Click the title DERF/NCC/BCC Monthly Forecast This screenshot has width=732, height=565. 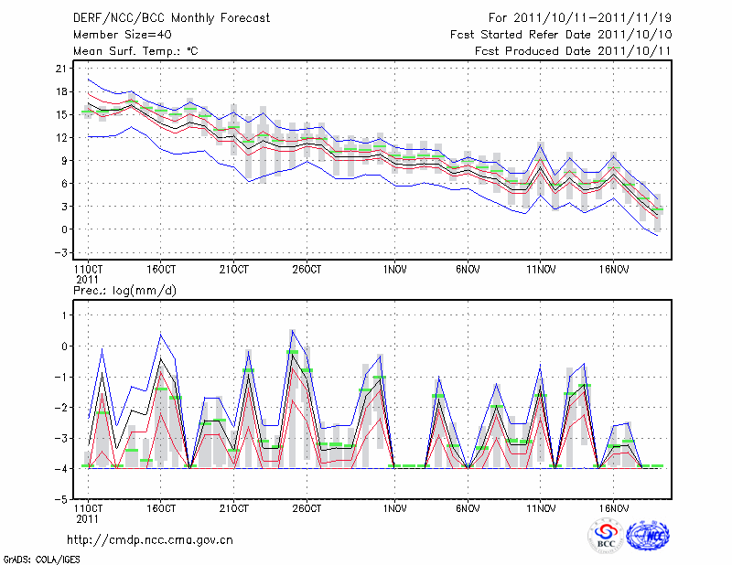pyautogui.click(x=171, y=18)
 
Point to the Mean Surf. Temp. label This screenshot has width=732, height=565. pyautogui.click(x=135, y=51)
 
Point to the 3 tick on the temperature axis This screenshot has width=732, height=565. pyautogui.click(x=63, y=207)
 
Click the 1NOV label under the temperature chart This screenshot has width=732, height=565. pyautogui.click(x=394, y=270)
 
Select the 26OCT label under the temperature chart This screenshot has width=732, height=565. pyautogui.click(x=307, y=270)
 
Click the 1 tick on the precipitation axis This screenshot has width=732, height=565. pyautogui.click(x=63, y=315)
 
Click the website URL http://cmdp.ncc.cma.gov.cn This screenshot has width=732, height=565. pyautogui.click(x=150, y=539)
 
